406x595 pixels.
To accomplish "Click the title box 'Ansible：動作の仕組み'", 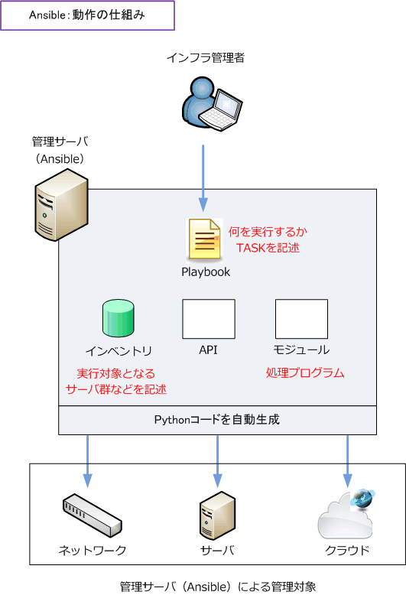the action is tap(87, 15).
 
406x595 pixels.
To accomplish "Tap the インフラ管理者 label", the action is tap(206, 57).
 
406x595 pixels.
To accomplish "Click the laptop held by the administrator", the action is tap(222, 111).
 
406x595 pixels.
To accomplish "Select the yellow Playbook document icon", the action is tap(204, 239).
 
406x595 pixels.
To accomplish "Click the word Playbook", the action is tap(206, 272).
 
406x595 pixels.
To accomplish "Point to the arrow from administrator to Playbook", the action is tap(203, 178).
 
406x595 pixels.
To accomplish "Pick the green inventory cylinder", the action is tap(118, 318).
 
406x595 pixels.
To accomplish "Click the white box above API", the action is tap(209, 319).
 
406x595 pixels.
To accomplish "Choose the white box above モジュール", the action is tap(302, 319).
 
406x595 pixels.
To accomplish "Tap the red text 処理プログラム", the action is tap(305, 373).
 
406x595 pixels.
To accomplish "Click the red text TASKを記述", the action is tap(268, 248).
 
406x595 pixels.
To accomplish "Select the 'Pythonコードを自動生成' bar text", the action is tap(217, 419).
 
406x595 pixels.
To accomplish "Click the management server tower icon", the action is tap(61, 205).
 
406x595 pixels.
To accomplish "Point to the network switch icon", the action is tap(93, 515).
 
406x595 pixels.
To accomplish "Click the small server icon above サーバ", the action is tap(217, 515).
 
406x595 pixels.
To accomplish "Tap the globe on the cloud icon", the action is tap(362, 498).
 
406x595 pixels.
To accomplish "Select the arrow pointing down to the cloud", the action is tap(348, 461).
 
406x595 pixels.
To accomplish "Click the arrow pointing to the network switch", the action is tap(88, 461).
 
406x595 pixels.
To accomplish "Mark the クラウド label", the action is tap(347, 550).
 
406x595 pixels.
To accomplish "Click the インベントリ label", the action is tap(119, 350).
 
